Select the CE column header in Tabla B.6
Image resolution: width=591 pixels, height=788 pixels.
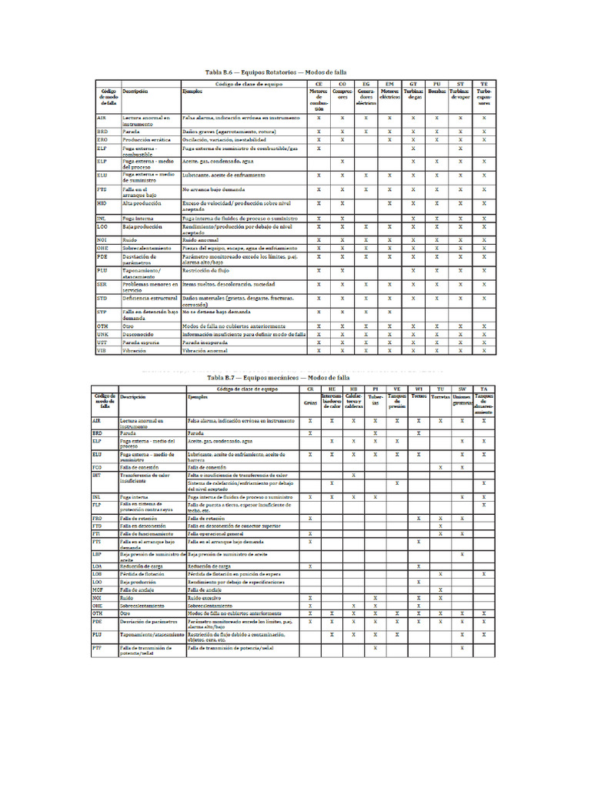tap(319, 82)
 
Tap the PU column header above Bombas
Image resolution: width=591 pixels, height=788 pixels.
tap(436, 82)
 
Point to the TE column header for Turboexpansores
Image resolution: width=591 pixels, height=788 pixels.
tap(483, 82)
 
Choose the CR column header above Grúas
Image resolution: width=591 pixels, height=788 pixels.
tap(310, 389)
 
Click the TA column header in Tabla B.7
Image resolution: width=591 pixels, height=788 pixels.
tap(482, 389)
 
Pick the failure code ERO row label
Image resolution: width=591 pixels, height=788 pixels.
tap(102, 139)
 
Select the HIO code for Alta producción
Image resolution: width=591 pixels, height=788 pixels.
tap(102, 204)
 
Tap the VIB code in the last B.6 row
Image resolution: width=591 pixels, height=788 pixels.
tap(102, 350)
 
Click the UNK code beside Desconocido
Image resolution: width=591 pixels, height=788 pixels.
tap(102, 335)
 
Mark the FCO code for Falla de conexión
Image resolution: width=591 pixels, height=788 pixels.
tap(96, 466)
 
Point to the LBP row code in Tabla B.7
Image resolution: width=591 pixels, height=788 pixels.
tap(96, 554)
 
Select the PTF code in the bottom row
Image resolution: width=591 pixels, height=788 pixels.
tap(96, 648)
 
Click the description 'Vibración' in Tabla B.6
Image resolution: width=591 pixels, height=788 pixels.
tap(135, 350)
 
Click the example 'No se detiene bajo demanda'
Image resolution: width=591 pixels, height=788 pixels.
tap(216, 312)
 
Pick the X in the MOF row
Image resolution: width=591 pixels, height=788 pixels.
tap(440, 589)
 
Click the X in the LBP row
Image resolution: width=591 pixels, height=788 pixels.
tap(462, 554)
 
